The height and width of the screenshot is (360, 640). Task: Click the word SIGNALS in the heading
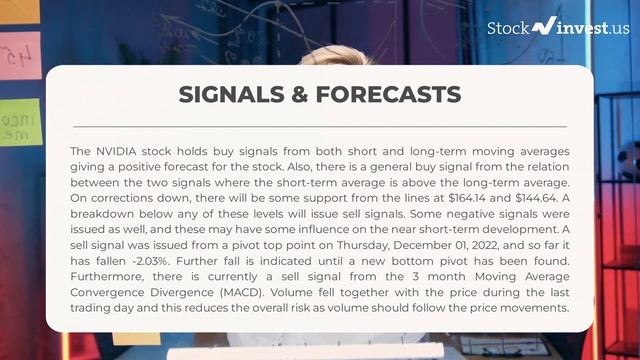pos(229,95)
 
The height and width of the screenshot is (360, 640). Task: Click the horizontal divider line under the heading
pos(319,127)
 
